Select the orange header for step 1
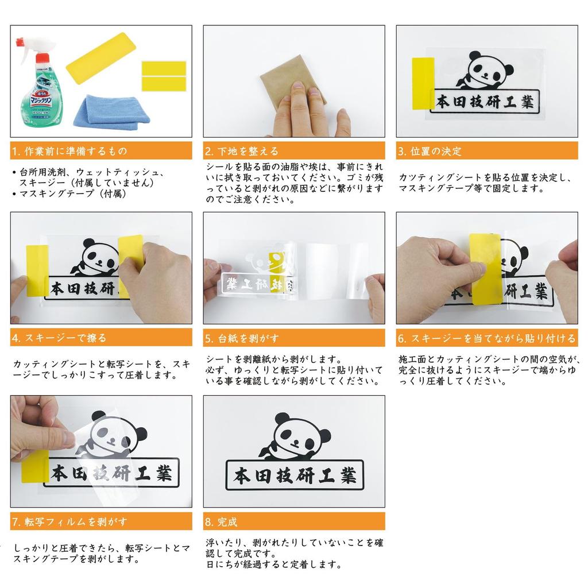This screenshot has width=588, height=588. point(101,151)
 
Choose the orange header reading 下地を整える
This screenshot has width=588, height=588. point(294,151)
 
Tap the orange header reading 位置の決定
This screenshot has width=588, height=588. point(487,151)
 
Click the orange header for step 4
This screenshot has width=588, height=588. point(101,338)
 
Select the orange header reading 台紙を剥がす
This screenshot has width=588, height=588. point(294,338)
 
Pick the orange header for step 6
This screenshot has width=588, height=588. point(487,338)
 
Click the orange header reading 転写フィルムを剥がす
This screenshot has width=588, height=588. point(101,522)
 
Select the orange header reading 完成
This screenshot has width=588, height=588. point(294,522)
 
